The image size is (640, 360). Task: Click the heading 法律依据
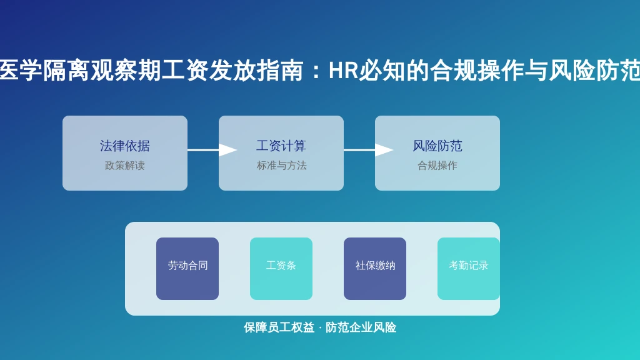(125, 146)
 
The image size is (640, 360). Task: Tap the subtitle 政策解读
(125, 166)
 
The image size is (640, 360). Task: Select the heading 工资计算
(281, 146)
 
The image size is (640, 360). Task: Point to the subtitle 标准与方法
(281, 166)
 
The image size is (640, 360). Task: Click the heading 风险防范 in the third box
(437, 146)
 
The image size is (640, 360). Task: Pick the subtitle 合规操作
(437, 166)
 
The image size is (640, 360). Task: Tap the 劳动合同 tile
(187, 269)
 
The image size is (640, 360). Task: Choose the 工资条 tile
(281, 269)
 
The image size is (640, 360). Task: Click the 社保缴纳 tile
(375, 269)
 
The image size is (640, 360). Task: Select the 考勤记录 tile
(469, 269)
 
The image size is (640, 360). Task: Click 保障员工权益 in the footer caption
(279, 327)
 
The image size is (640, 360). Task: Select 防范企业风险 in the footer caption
(361, 327)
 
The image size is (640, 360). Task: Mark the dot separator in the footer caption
(320, 327)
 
